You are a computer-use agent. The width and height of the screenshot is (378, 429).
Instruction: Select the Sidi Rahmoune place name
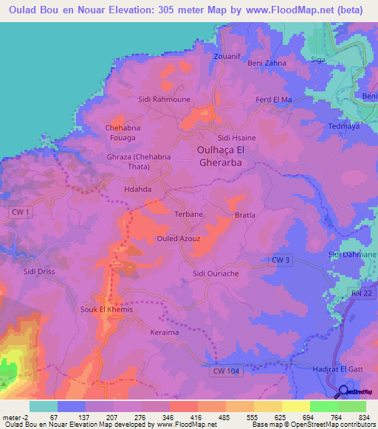(165, 99)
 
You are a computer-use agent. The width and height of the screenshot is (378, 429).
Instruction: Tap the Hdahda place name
(137, 189)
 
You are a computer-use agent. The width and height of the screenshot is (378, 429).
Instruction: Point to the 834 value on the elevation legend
(365, 417)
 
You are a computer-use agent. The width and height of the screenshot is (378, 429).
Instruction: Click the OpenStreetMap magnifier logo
(345, 392)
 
